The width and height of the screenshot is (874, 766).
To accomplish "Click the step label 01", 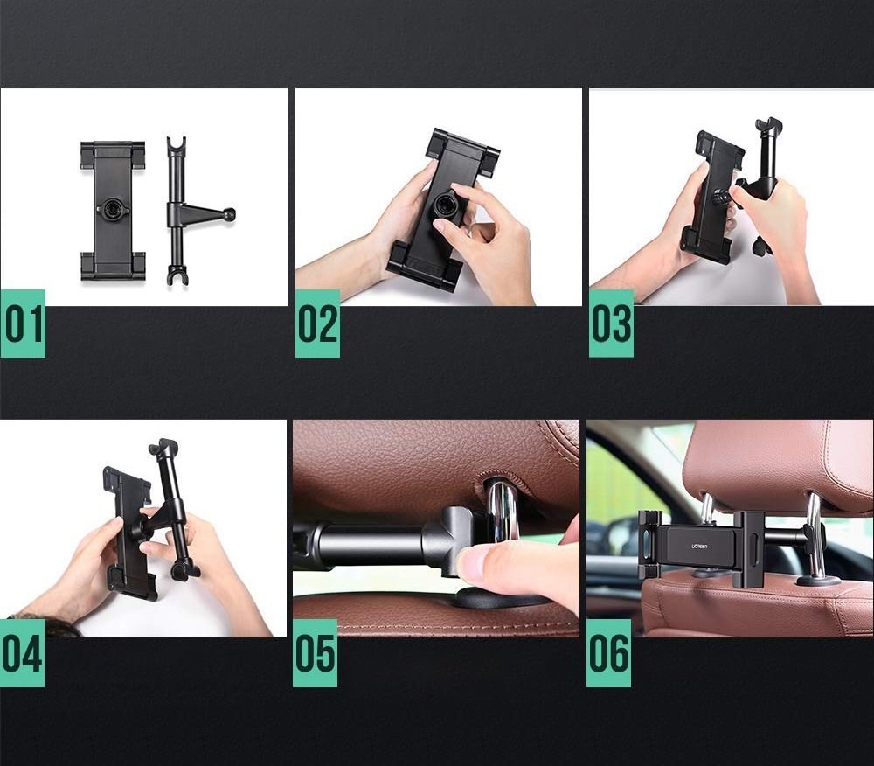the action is point(23,324).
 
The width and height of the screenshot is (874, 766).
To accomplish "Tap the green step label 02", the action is point(317,324).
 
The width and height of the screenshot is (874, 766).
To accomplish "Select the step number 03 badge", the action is point(611,324).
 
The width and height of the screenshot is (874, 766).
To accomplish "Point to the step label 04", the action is point(23,653).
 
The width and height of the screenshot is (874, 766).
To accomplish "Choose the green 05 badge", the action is point(315,653).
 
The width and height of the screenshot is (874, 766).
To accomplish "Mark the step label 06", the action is point(608,653).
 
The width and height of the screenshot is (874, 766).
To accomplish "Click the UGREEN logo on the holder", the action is point(699,546).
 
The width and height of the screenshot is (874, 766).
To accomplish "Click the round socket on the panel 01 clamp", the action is point(113,209).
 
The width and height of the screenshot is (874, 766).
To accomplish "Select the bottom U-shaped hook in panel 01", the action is point(177,276).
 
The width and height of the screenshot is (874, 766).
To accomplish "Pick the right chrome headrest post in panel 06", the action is point(815,533).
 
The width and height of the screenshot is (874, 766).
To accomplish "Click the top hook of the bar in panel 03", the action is point(768,126).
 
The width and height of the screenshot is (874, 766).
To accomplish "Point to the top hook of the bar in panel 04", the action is point(163,447).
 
